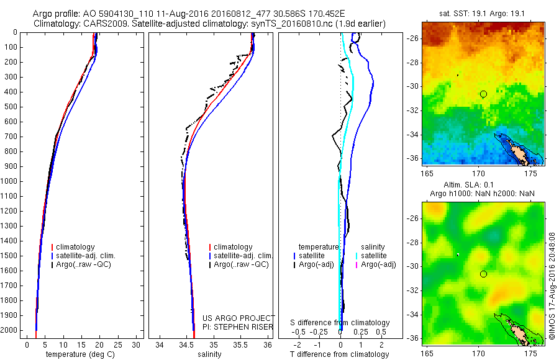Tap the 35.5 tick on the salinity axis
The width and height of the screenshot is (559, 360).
pos(241,344)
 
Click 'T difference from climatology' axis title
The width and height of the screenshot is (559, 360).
pos(339,354)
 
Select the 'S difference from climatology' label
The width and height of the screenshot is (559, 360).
pos(340,323)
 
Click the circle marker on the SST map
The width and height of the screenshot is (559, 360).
pos(483,94)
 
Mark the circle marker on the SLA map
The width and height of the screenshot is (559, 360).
pos(483,274)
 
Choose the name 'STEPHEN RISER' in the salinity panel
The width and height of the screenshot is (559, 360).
pos(240,326)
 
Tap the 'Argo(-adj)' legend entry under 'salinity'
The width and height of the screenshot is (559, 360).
pos(378,264)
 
